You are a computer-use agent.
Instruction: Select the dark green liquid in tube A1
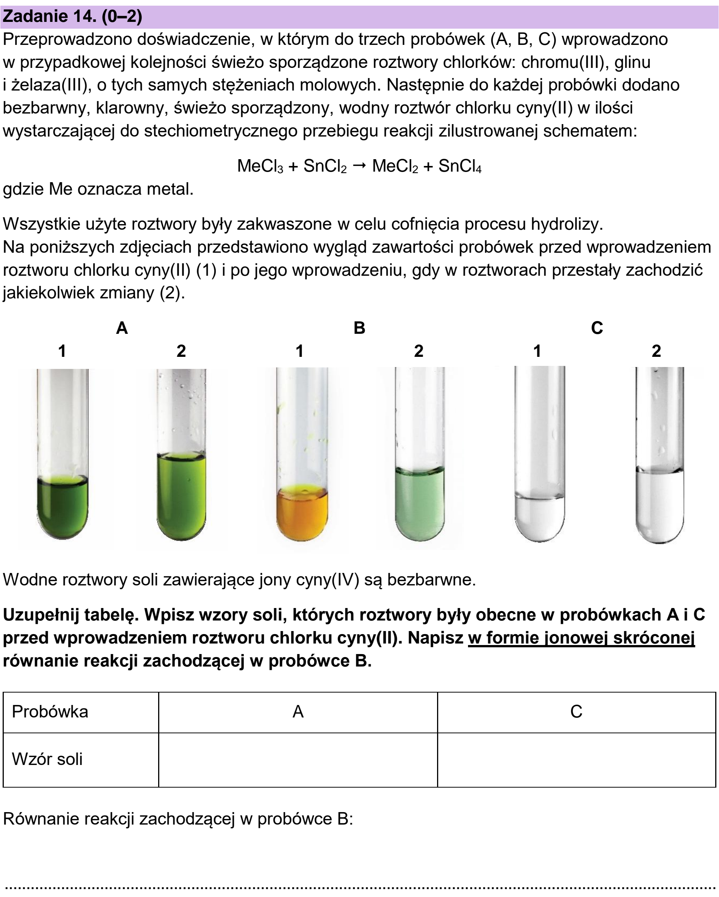point(62,508)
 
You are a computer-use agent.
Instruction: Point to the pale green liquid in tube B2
point(420,504)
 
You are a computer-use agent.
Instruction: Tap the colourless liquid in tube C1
point(540,518)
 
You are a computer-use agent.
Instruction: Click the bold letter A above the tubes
point(122,328)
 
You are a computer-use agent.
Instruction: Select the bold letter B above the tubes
point(359,328)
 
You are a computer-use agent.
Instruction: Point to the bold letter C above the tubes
point(597,328)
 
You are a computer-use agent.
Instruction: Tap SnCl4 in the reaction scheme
point(460,166)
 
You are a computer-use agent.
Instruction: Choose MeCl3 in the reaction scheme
point(260,166)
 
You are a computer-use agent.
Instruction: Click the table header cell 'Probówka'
point(50,712)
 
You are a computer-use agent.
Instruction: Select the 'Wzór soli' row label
point(47,759)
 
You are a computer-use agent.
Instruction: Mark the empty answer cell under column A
point(298,760)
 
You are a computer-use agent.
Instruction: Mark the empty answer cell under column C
point(577,760)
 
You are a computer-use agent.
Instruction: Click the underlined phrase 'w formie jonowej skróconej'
point(581,638)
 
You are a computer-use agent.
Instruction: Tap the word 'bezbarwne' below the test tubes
point(431,579)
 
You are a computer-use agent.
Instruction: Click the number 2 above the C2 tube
point(656,351)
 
